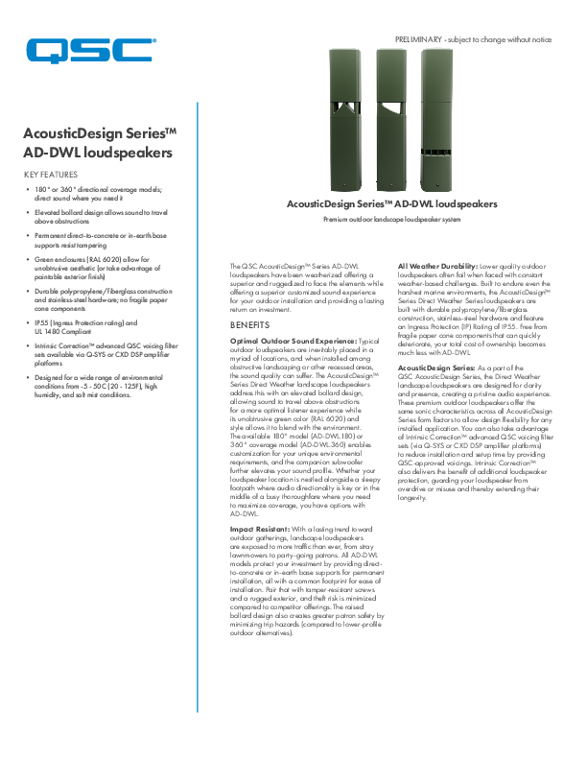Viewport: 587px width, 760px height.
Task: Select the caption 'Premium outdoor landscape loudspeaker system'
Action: [393, 220]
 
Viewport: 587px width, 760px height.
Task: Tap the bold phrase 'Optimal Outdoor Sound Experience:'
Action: [293, 341]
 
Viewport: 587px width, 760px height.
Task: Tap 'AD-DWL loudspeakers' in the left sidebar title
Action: [97, 153]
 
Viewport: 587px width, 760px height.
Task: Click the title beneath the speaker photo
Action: [393, 204]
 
